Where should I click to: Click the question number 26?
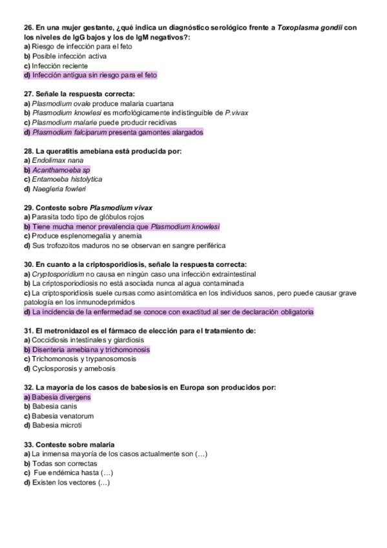click(28, 28)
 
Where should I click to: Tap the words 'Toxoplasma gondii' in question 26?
click(309, 28)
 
